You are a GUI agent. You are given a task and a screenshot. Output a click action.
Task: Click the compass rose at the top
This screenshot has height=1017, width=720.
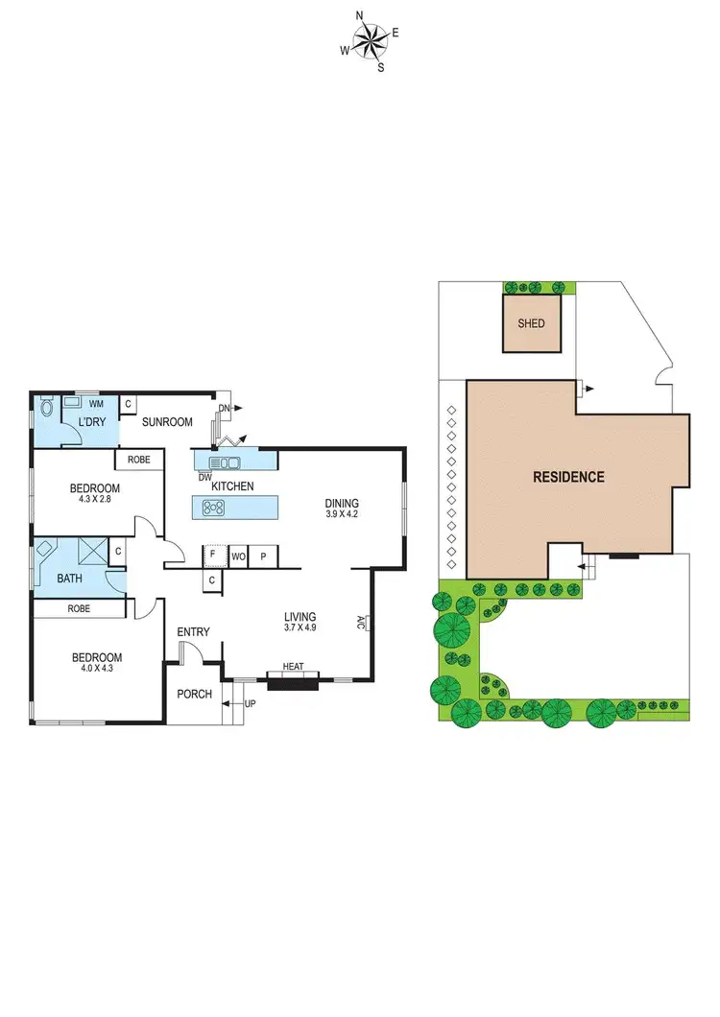369,40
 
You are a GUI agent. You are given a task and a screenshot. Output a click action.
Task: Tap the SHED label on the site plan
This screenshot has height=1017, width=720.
531,323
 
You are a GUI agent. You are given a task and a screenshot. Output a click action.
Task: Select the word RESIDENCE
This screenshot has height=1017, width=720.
569,477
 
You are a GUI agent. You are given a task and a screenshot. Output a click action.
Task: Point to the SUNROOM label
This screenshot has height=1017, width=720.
167,422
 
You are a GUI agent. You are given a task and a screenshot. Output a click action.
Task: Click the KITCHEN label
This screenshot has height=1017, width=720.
232,486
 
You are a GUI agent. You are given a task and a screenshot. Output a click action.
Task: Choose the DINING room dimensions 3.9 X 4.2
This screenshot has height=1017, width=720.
341,514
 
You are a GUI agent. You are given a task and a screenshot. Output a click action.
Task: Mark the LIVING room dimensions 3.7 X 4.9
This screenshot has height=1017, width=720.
300,628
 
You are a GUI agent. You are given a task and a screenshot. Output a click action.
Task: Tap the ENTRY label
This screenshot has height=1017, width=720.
193,631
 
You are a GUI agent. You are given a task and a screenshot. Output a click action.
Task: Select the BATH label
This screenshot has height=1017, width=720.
70,579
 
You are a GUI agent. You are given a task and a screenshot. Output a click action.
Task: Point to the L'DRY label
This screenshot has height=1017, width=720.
91,422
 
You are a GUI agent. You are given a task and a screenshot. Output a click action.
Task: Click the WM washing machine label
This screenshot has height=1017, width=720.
96,405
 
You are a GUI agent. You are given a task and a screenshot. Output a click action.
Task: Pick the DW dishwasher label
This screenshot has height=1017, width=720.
204,477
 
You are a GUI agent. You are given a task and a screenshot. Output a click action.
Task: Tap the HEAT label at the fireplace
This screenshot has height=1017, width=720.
293,667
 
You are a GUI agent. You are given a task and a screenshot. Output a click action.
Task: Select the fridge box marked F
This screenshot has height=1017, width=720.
212,556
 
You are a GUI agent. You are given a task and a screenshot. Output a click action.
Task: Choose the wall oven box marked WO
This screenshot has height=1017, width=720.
238,556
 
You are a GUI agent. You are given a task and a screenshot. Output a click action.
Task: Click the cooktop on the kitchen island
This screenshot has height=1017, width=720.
213,508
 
